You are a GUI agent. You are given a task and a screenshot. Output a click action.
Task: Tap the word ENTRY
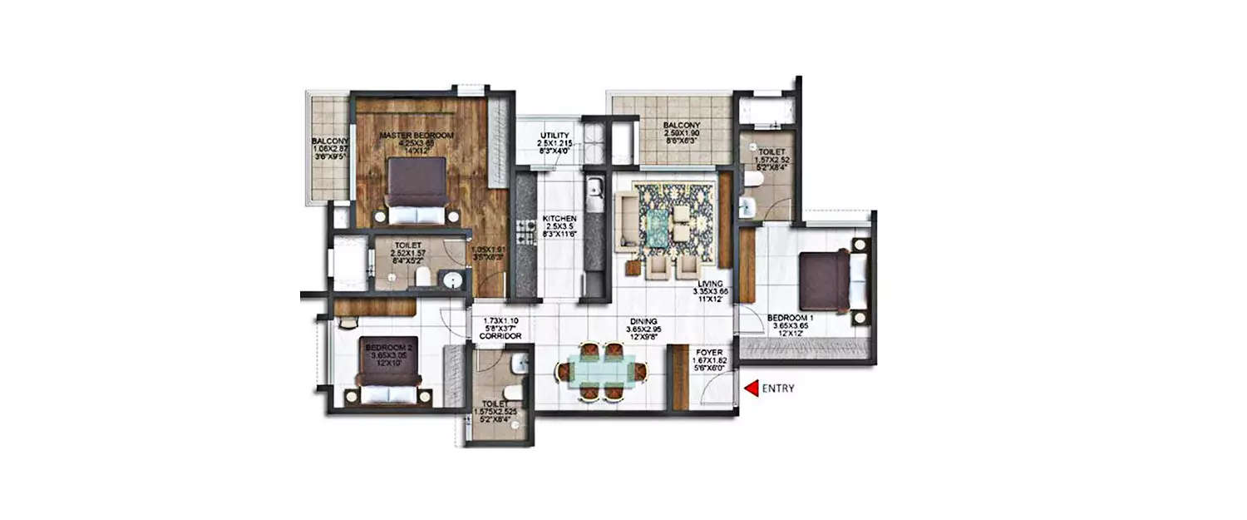click(779, 388)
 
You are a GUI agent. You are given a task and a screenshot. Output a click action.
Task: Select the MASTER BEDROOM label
click(416, 135)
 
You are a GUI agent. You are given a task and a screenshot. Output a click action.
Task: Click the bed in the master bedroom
click(416, 192)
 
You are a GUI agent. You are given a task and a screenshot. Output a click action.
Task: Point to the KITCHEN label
click(559, 219)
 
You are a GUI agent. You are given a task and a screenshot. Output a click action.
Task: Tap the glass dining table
click(600, 369)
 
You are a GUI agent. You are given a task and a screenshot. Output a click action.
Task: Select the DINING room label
click(643, 321)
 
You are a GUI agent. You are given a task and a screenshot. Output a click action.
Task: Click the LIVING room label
click(710, 284)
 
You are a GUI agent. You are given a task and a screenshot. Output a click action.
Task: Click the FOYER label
click(708, 353)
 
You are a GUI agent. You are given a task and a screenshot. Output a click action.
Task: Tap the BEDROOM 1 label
click(789, 318)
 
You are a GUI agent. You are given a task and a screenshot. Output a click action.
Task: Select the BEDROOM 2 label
click(388, 347)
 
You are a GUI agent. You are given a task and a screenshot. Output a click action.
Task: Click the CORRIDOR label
click(500, 336)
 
